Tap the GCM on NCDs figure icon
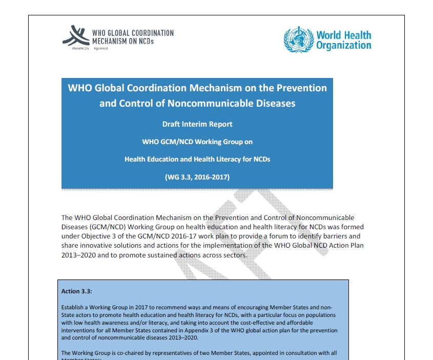pos(76,36)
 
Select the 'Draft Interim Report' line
pos(197,124)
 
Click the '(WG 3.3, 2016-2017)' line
pos(197,177)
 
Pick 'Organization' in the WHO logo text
pos(343,46)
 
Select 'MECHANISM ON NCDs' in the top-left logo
pos(122,41)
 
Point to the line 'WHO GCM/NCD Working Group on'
pos(197,142)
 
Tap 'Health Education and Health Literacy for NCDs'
pos(197,159)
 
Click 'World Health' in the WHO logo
pos(343,35)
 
